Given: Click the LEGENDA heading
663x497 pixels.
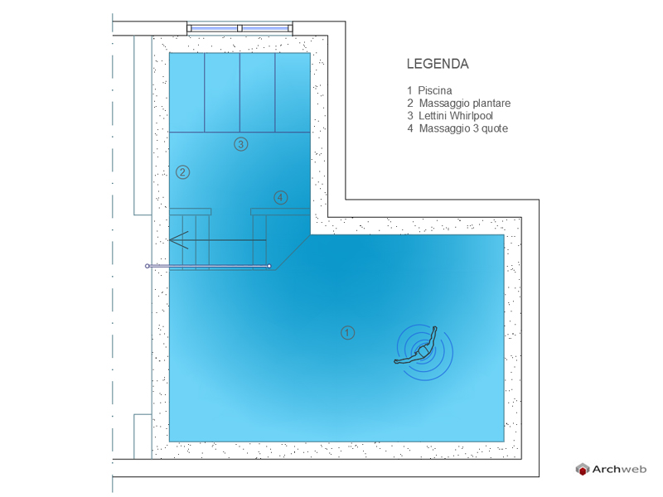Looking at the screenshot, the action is click(438, 64).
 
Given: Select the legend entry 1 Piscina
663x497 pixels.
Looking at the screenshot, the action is click(429, 90).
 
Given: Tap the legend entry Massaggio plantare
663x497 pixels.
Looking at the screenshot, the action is click(464, 103).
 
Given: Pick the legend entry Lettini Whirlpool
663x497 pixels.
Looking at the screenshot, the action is click(455, 116).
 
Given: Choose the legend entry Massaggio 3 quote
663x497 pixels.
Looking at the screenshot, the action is click(463, 128).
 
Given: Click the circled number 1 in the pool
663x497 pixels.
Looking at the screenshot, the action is click(347, 333).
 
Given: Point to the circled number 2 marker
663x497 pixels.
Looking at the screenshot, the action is click(182, 172).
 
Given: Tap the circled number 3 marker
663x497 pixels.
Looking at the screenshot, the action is click(241, 144).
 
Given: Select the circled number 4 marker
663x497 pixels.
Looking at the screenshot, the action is click(280, 197).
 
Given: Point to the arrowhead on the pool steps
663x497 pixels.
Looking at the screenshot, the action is click(177, 240).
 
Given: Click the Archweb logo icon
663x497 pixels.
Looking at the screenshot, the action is click(583, 469).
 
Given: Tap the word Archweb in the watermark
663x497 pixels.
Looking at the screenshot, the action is click(619, 469).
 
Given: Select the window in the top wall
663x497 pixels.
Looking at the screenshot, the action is click(240, 28).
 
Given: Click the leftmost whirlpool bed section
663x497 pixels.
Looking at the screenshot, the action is click(187, 93).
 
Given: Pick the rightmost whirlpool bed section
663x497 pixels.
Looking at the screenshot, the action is click(293, 93).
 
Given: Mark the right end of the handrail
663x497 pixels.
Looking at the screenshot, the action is click(269, 266).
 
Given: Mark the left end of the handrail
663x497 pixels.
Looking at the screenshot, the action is click(148, 266).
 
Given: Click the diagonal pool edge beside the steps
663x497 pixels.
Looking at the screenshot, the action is click(293, 253).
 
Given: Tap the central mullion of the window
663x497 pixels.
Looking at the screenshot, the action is click(240, 28).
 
